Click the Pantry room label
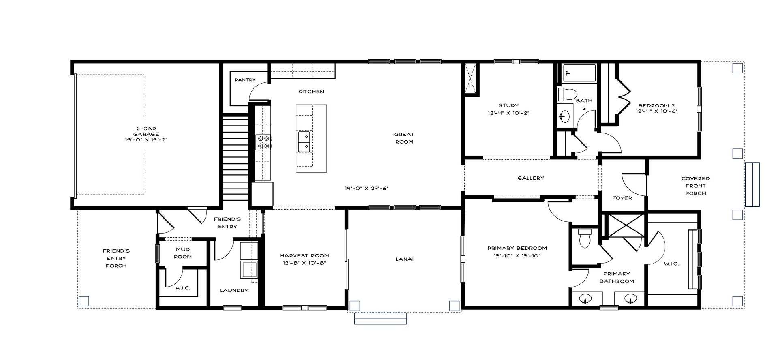[245, 80]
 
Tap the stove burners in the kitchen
[264, 142]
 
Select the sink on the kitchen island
[304, 141]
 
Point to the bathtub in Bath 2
[579, 73]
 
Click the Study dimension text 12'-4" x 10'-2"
[508, 113]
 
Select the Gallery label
[531, 178]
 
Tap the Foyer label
[622, 198]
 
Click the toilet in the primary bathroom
[585, 238]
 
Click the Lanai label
[404, 259]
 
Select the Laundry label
[234, 290]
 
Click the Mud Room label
[183, 253]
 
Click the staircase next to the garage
[235, 157]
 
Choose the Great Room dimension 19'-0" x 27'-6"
[367, 188]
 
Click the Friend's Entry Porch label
[116, 258]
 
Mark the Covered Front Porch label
[696, 186]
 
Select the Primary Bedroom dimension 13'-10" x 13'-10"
[517, 256]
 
